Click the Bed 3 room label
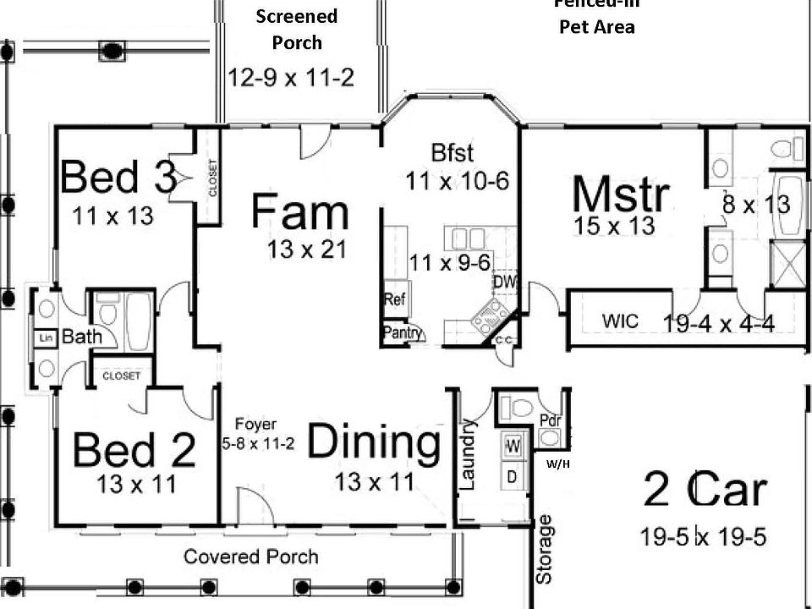tap(118, 178)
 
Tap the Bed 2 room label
tap(134, 450)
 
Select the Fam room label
tap(299, 211)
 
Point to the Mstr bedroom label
tap(621, 195)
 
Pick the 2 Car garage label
tap(705, 490)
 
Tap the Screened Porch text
tap(296, 29)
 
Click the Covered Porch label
tap(251, 557)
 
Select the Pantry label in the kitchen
tap(403, 333)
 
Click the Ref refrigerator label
tap(394, 299)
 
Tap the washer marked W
tap(513, 443)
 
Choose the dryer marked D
tap(512, 475)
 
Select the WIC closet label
tap(620, 321)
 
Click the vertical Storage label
tap(546, 549)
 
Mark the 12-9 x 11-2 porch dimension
tap(291, 78)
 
